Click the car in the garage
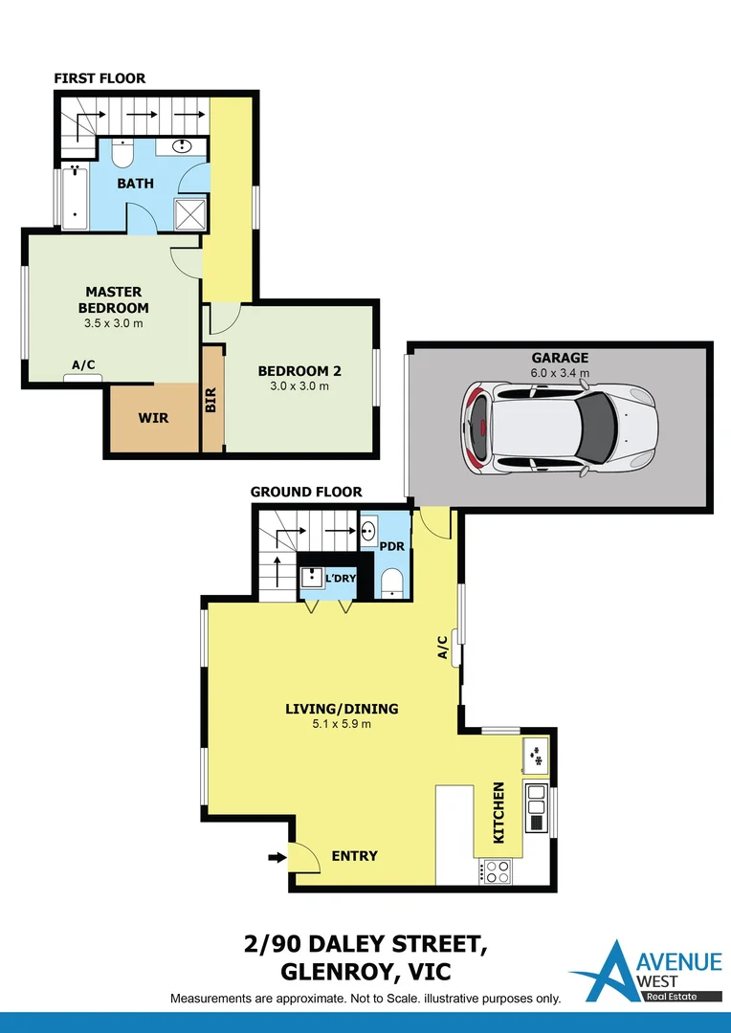pyautogui.click(x=561, y=428)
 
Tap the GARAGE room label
pyautogui.click(x=560, y=358)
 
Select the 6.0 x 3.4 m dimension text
pyautogui.click(x=560, y=372)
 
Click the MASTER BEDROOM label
pyautogui.click(x=113, y=299)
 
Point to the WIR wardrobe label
pyautogui.click(x=153, y=418)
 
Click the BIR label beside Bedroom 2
pyautogui.click(x=211, y=400)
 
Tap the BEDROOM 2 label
pyautogui.click(x=299, y=371)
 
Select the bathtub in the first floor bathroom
pyautogui.click(x=75, y=197)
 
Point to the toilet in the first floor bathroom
pyautogui.click(x=122, y=152)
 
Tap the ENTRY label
pyautogui.click(x=354, y=856)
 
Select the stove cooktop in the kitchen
pyautogui.click(x=497, y=870)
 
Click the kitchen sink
pyautogui.click(x=536, y=756)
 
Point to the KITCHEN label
pyautogui.click(x=498, y=812)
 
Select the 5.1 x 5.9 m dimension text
pyautogui.click(x=342, y=724)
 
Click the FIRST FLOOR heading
pyautogui.click(x=100, y=78)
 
